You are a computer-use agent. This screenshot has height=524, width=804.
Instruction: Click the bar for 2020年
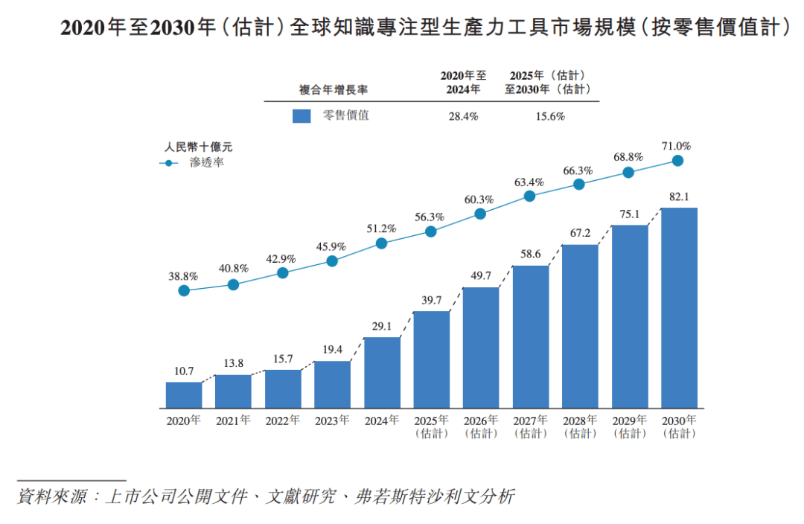point(184,395)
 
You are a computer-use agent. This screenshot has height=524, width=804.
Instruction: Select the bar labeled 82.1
point(679,307)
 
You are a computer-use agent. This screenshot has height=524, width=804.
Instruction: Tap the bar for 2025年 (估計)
point(431,360)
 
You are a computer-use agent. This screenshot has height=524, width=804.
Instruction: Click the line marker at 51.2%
point(382,243)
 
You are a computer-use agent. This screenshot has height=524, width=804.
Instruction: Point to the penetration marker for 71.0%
point(677,161)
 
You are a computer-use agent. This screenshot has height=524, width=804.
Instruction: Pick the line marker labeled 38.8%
point(184,290)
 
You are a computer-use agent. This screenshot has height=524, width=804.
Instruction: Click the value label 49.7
point(481,276)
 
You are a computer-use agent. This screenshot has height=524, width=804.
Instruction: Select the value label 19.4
point(332,350)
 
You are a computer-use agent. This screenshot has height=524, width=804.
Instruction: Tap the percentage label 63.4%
point(529,182)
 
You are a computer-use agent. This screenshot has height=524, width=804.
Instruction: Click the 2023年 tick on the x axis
point(332,421)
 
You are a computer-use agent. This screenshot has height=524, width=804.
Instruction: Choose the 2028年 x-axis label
point(579,426)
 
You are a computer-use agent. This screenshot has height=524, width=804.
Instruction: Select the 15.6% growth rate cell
point(550,116)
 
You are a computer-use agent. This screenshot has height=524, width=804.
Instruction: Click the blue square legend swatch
point(301,116)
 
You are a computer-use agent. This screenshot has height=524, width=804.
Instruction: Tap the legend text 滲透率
point(207,163)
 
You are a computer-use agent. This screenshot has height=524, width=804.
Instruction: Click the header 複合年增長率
point(333,89)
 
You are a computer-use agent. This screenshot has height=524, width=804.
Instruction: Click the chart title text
point(424,28)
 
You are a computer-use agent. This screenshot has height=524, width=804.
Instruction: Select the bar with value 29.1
point(382,373)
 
